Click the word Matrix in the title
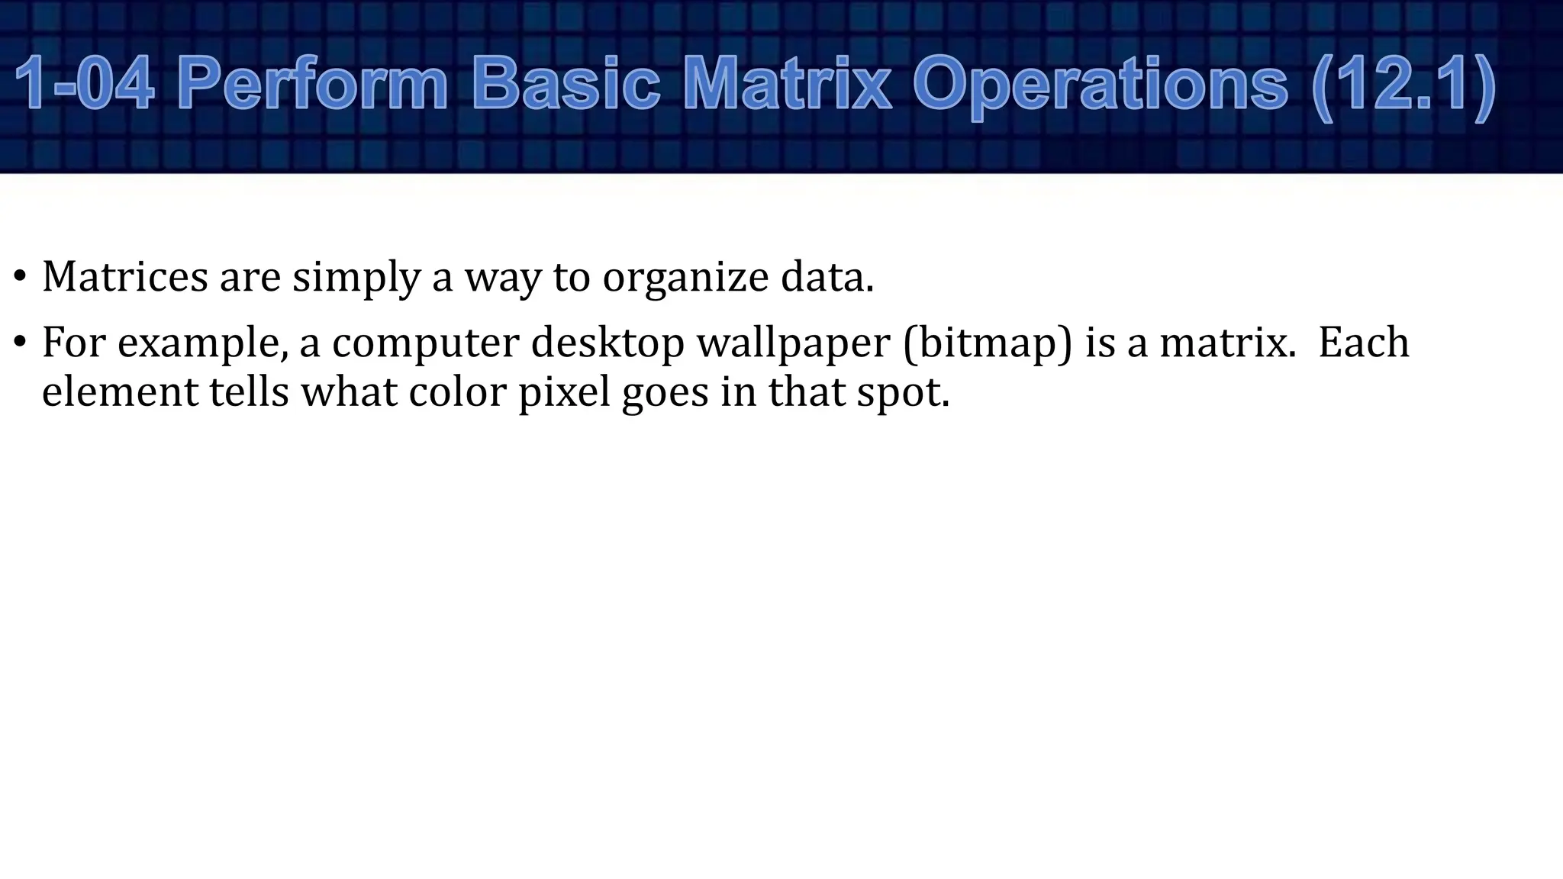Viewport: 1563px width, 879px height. pyautogui.click(x=787, y=84)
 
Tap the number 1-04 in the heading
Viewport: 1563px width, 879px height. pyautogui.click(x=84, y=84)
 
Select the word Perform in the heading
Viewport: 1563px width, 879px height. pyautogui.click(x=312, y=84)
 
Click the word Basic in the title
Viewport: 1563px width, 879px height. pyautogui.click(x=566, y=84)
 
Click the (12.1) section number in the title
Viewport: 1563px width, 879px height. pyautogui.click(x=1403, y=84)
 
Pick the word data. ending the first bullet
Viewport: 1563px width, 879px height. pyautogui.click(x=827, y=276)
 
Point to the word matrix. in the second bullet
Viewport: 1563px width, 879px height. pyautogui.click(x=1228, y=343)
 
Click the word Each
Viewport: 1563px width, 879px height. pyautogui.click(x=1364, y=342)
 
